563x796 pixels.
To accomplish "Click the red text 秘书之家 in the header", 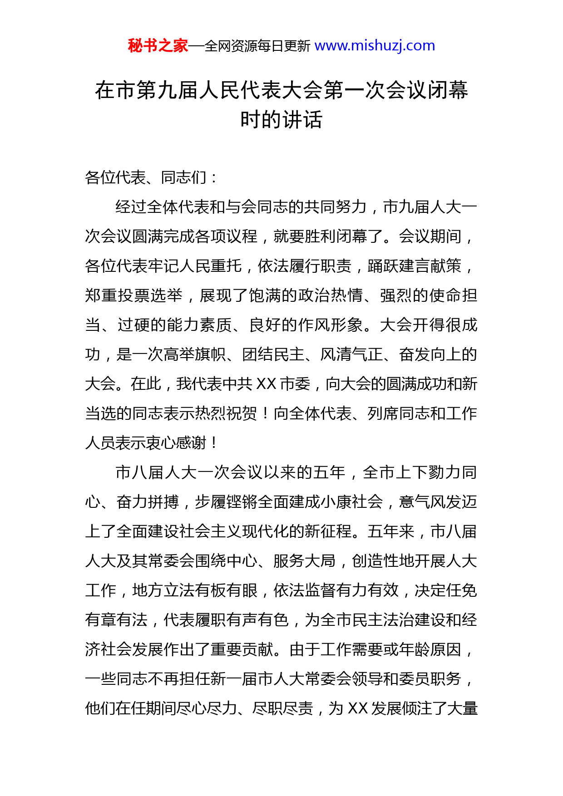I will pyautogui.click(x=158, y=46).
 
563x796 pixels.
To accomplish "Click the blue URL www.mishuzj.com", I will pyautogui.click(x=375, y=46).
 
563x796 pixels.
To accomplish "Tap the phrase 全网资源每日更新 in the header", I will pyautogui.click(x=257, y=46).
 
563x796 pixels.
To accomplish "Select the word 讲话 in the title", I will pyautogui.click(x=302, y=120).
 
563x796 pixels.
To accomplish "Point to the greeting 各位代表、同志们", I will pyautogui.click(x=145, y=177).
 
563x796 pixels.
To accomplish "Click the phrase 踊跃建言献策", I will pyautogui.click(x=414, y=266).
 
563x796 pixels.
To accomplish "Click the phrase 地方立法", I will pyautogui.click(x=163, y=590).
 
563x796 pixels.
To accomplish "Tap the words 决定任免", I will pyautogui.click(x=445, y=590).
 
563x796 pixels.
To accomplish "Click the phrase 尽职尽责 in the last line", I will pyautogui.click(x=282, y=708).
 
